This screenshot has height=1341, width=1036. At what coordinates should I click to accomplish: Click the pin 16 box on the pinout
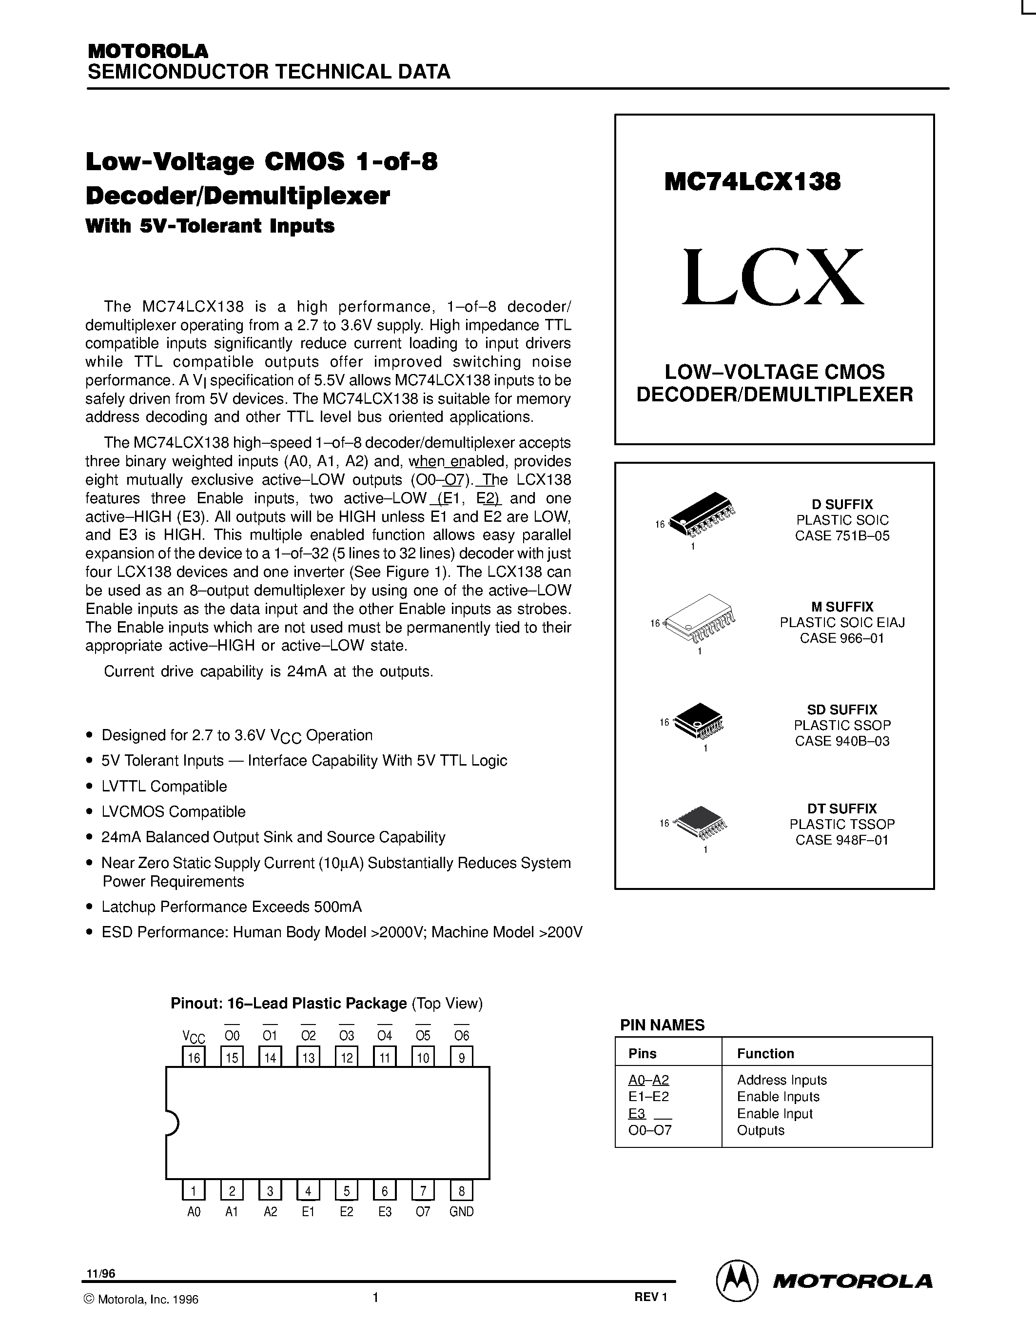click(194, 1057)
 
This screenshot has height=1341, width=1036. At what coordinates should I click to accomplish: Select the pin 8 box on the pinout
click(462, 1191)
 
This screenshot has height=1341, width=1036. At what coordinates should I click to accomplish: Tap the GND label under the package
click(462, 1211)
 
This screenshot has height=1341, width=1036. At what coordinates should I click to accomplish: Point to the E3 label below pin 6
click(385, 1211)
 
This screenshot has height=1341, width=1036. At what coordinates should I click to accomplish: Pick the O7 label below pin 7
click(423, 1211)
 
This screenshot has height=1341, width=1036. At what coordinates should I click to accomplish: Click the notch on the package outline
click(172, 1123)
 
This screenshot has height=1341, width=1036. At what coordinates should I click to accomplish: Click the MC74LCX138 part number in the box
click(752, 182)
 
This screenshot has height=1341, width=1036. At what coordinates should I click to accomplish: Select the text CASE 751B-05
click(842, 535)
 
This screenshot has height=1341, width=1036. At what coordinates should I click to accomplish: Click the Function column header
click(765, 1054)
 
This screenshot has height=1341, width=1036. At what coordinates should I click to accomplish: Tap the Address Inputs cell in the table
click(782, 1080)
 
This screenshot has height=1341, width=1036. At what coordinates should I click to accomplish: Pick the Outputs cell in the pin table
click(761, 1130)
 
